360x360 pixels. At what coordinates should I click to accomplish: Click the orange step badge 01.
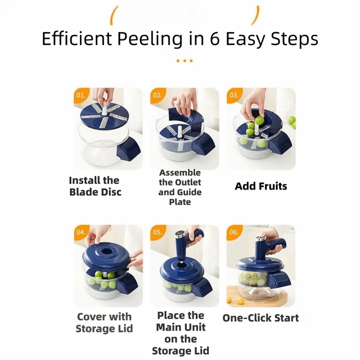coord(81,96)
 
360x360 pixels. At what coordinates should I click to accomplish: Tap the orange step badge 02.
coord(157,96)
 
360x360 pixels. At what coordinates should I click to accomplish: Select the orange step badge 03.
coord(233,96)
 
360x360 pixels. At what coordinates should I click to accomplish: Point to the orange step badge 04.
coord(81,232)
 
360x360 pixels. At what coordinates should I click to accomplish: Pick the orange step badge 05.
coord(157,232)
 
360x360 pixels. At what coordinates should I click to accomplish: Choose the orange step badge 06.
coord(233,232)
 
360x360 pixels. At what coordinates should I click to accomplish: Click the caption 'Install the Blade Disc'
coord(94,186)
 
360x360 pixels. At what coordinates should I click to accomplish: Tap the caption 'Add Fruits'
coord(260,186)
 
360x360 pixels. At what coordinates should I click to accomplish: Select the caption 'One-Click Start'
coord(260,318)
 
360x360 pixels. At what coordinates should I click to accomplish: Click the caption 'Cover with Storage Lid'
coord(104,322)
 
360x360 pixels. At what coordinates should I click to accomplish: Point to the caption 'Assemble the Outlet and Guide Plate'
coord(179,187)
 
